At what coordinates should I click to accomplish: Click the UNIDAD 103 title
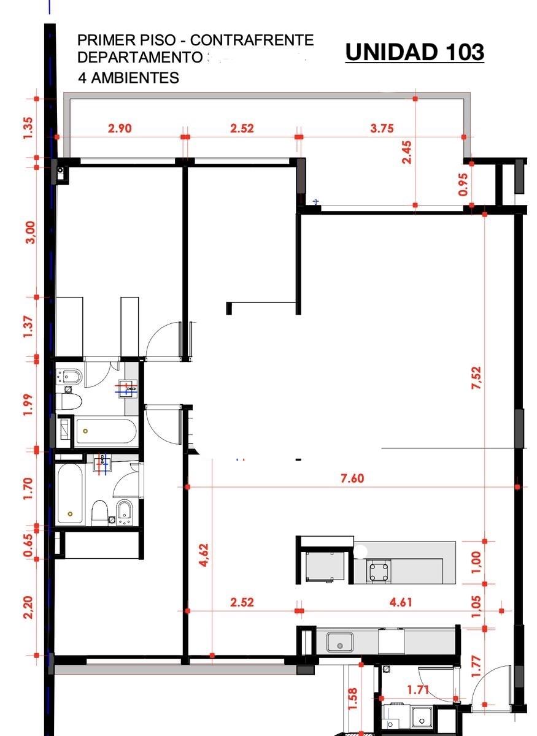point(415,52)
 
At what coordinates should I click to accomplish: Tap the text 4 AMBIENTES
point(129,78)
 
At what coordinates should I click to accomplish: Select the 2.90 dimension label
point(120,128)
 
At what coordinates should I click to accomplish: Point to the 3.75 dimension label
point(382,128)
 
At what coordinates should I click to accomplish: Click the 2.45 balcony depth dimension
point(406,152)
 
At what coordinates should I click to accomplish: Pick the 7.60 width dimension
point(352,478)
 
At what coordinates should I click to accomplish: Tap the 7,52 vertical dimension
point(476,378)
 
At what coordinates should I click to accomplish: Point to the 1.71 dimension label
point(419,690)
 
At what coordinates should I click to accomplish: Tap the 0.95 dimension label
point(463,185)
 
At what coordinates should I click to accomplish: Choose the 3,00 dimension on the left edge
point(31,232)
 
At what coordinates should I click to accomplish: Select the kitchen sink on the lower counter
point(340,642)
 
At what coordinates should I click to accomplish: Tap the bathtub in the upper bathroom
point(106,431)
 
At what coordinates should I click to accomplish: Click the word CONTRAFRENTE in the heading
point(252,40)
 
